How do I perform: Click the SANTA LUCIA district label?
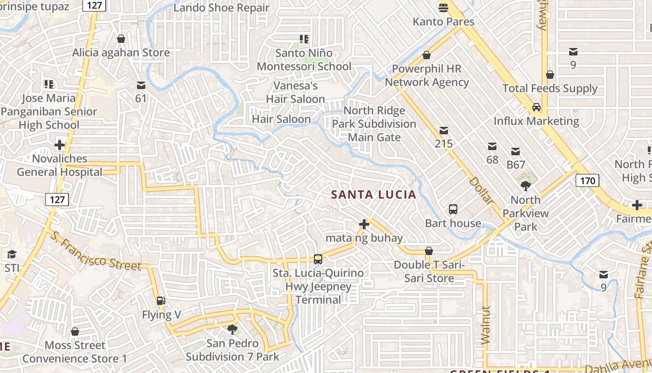(x=374, y=194)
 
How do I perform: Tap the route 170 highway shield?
(x=587, y=180)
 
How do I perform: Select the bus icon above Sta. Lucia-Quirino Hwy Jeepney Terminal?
(x=318, y=259)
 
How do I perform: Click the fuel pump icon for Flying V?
(x=161, y=301)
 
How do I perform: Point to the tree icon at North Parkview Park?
(x=526, y=186)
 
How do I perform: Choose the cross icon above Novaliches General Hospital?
(x=60, y=145)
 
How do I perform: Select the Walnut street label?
(x=486, y=325)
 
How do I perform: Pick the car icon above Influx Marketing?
(x=537, y=107)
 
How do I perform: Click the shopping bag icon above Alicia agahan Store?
(x=121, y=39)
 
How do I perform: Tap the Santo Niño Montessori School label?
(x=304, y=60)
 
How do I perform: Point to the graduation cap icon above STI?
(x=12, y=255)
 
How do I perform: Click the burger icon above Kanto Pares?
(x=443, y=8)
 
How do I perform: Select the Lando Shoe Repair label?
(x=221, y=7)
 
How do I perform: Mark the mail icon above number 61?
(x=141, y=85)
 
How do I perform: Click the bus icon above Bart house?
(x=453, y=209)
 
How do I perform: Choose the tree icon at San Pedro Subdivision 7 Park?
(x=232, y=330)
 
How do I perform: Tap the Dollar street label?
(x=481, y=190)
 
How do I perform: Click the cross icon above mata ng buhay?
(x=364, y=225)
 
